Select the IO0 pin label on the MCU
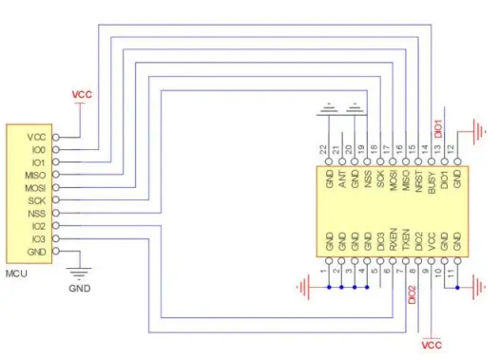37,150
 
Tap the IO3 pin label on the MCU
37,238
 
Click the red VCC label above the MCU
83,96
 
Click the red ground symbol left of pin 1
304,284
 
